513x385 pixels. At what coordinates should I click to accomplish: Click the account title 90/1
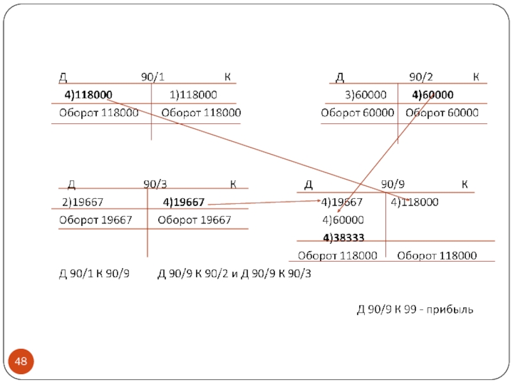[x=153, y=78]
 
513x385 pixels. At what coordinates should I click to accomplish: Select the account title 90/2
[x=421, y=78]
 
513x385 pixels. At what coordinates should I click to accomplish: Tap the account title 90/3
[x=155, y=185]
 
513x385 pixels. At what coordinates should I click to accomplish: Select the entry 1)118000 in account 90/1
[x=193, y=95]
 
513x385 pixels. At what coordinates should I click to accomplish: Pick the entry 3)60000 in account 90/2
[x=366, y=95]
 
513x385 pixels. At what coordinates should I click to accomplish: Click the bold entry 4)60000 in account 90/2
[x=432, y=95]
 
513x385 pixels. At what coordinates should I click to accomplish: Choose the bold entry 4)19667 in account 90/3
[x=183, y=203]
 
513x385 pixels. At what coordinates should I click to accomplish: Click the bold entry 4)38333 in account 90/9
[x=343, y=238]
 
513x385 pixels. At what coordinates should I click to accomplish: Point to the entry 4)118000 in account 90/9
[x=414, y=203]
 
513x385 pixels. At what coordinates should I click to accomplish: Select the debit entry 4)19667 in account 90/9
[x=342, y=203]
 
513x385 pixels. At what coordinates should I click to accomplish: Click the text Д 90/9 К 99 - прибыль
[x=415, y=310]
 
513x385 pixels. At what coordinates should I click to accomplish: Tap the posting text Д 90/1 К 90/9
[x=94, y=274]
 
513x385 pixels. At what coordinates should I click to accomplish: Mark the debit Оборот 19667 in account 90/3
[x=96, y=220]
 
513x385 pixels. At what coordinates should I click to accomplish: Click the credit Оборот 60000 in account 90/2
[x=442, y=113]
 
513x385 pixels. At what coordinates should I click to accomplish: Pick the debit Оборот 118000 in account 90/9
[x=337, y=255]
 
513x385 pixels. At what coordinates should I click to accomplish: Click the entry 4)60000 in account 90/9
[x=342, y=220]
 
